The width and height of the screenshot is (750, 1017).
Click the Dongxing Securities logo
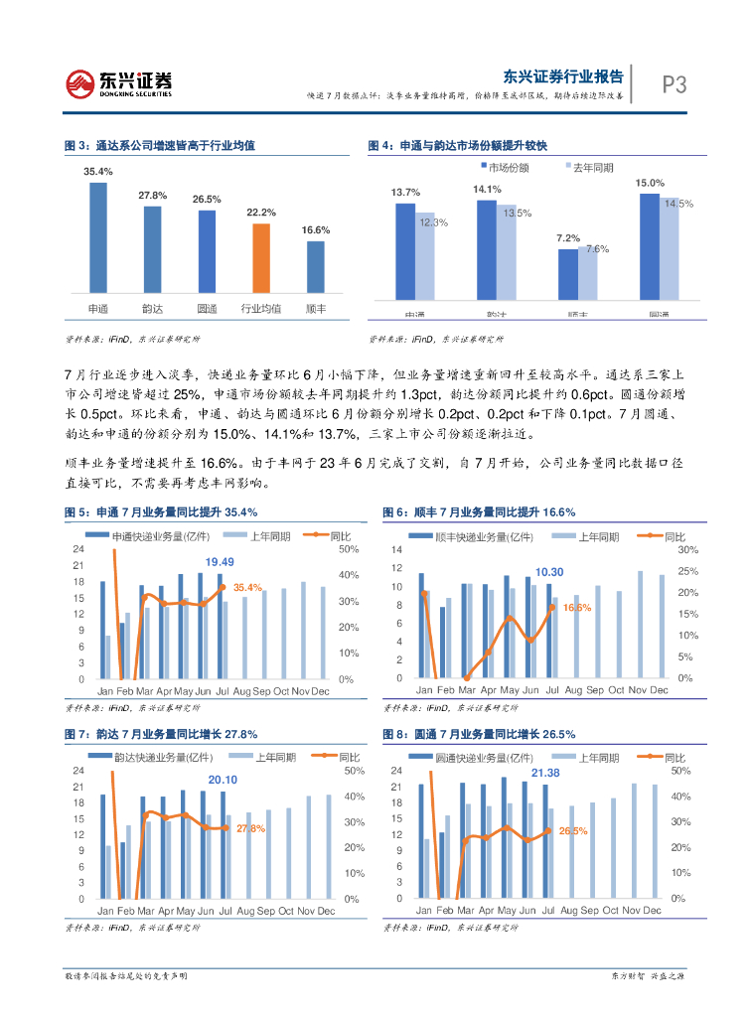(x=119, y=83)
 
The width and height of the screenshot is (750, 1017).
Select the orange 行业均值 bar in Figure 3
(x=261, y=260)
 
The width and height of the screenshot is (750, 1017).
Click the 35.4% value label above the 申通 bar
(x=98, y=172)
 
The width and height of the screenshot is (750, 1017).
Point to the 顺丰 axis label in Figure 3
(x=316, y=309)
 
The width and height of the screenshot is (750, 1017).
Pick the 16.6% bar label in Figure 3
(x=316, y=230)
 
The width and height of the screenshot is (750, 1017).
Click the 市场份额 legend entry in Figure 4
(x=505, y=167)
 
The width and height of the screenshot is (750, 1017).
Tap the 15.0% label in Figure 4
(x=650, y=183)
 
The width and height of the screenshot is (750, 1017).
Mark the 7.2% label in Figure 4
(x=567, y=238)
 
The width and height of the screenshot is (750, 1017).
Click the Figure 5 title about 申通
(x=160, y=512)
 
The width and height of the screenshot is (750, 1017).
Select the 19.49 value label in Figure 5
(x=220, y=562)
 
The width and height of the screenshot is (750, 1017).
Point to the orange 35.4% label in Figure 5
(x=247, y=588)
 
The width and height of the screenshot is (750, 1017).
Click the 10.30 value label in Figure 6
(x=549, y=572)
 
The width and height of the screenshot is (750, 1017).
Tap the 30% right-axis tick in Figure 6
(x=687, y=549)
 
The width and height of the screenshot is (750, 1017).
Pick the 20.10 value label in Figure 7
(x=223, y=780)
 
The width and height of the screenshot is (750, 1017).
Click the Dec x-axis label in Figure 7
(x=328, y=911)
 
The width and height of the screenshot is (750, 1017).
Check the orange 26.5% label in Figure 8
(x=573, y=830)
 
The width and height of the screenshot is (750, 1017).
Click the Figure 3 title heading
(x=160, y=146)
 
